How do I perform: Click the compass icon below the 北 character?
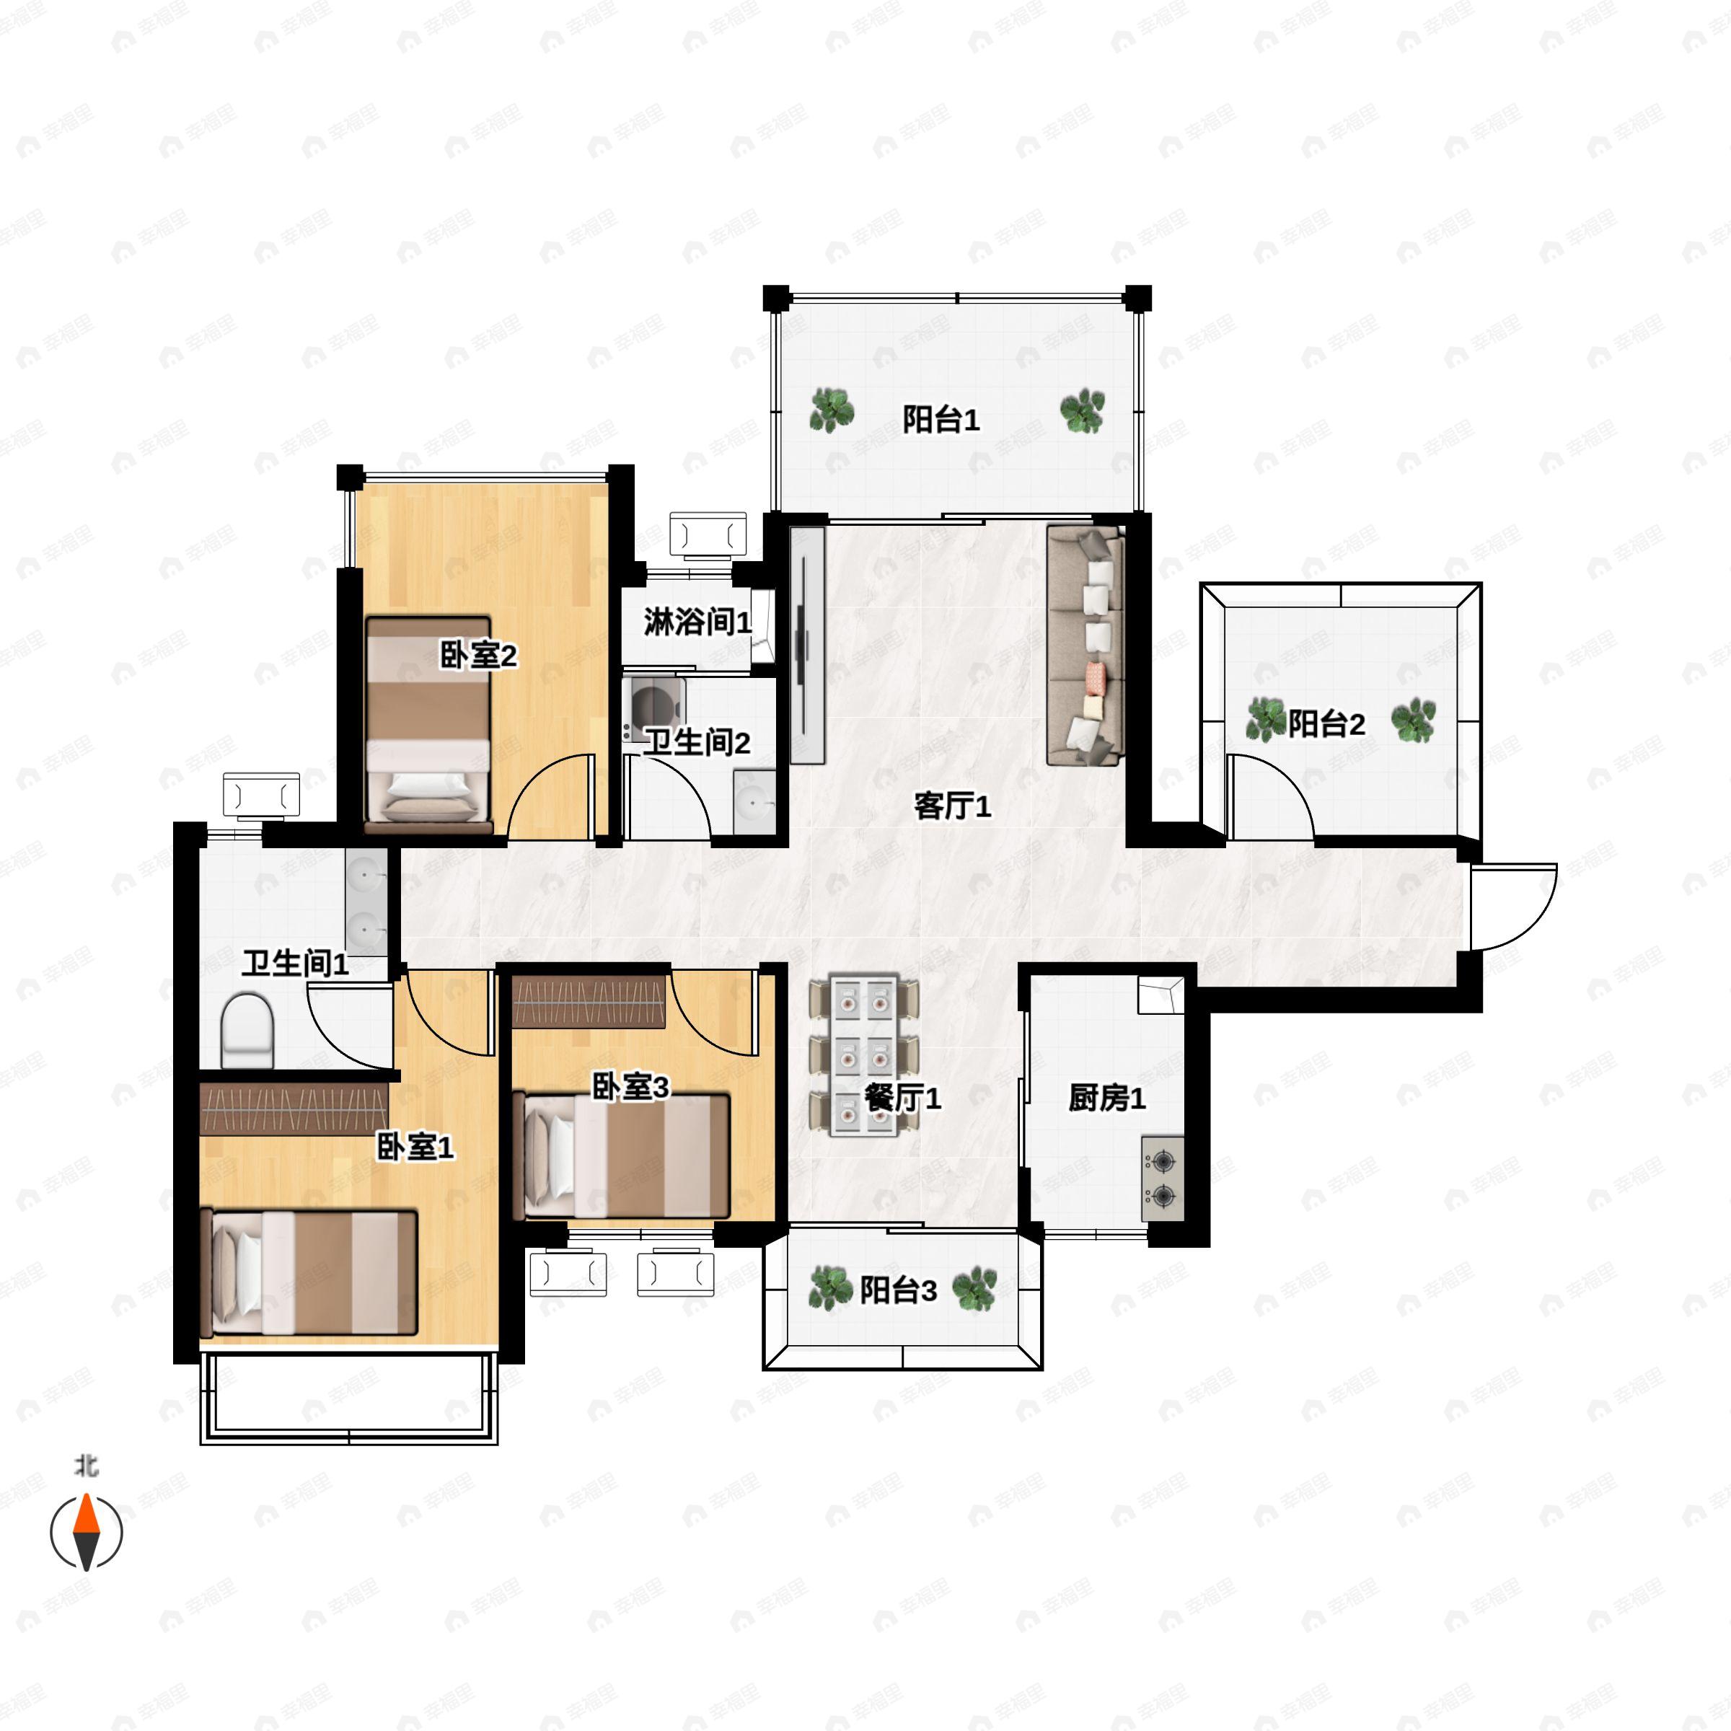click(x=86, y=1532)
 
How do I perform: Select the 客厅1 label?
click(x=952, y=806)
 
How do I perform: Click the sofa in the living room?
click(x=1085, y=645)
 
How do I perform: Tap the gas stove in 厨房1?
click(x=1163, y=1179)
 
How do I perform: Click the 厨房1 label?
click(x=1106, y=1098)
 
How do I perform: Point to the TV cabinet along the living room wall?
click(x=806, y=645)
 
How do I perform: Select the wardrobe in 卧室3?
click(x=589, y=1003)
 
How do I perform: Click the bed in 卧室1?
click(x=308, y=1272)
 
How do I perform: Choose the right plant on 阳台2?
click(x=1413, y=720)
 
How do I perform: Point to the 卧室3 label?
click(x=631, y=1087)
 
